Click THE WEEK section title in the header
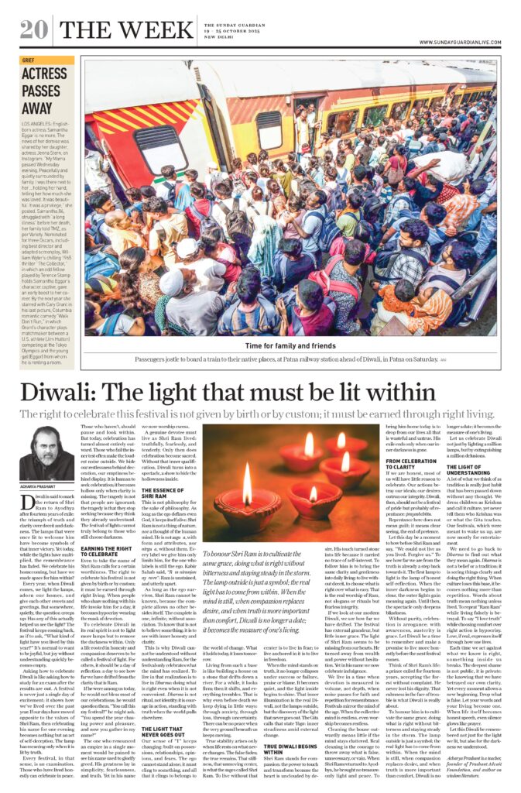click(115, 31)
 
